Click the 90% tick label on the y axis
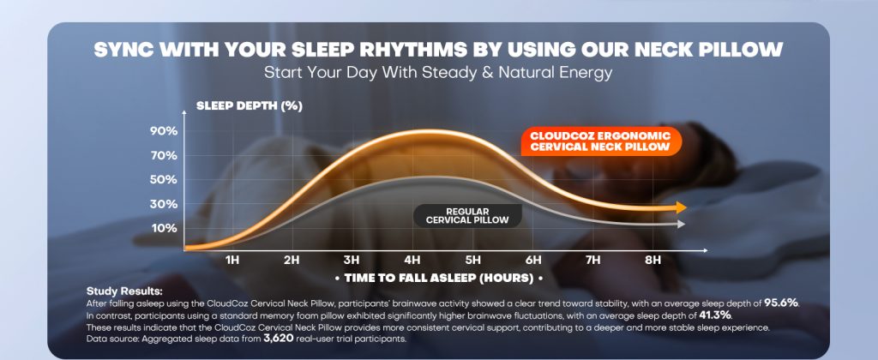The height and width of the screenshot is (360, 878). pos(163,131)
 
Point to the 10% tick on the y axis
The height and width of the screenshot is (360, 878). pos(163,229)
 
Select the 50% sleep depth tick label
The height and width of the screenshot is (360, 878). pos(163,180)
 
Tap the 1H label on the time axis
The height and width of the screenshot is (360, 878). pos(232,261)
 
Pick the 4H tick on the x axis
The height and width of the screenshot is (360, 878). pos(412,261)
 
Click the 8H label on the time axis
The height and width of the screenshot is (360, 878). pos(652,261)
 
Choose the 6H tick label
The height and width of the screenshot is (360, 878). pos(533,261)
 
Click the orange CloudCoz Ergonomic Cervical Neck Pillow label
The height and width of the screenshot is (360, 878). pos(600,141)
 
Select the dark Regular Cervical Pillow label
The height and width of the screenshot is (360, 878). pos(467,215)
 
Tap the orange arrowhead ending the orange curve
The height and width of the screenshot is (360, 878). pos(681,207)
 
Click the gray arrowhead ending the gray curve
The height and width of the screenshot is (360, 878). pos(681,224)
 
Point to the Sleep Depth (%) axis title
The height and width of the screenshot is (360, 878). pos(250,106)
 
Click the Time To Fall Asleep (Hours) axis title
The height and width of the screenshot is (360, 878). pos(438,278)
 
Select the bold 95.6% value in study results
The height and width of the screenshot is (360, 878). pos(782,303)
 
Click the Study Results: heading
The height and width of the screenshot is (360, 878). pos(124,291)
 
